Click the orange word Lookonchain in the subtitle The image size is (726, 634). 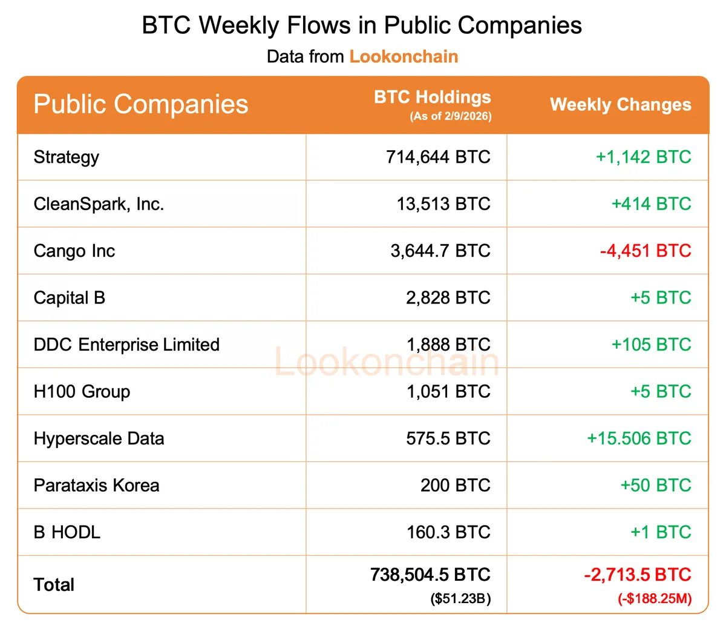point(404,57)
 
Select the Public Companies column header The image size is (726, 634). point(141,104)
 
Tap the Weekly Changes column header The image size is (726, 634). point(620,105)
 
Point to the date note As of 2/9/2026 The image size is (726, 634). point(450,116)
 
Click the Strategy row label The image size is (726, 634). point(67,157)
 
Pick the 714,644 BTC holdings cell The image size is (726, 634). point(438,157)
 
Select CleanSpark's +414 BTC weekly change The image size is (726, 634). point(651,204)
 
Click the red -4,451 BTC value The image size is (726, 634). point(645,251)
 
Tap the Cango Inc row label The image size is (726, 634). point(74,251)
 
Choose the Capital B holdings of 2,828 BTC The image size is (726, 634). point(448,298)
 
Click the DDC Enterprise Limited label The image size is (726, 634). point(126,345)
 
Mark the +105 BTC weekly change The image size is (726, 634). point(651,345)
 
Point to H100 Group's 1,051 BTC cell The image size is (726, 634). point(448,392)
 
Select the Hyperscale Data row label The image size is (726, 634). point(99,438)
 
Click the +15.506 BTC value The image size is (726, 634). point(639,438)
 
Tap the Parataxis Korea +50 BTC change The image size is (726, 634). point(655,486)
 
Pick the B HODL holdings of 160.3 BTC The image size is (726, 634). point(448,532)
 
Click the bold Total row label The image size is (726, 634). point(54,585)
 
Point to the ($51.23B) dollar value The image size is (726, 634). point(460,599)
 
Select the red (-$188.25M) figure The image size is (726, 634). point(654,599)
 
